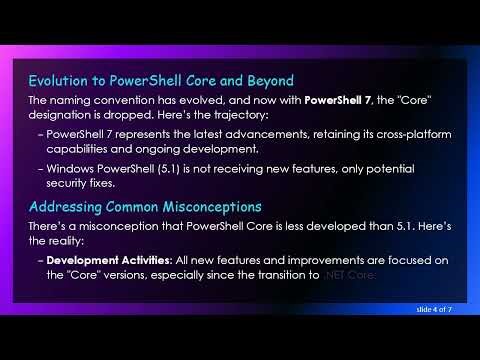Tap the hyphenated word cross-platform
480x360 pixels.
click(400, 135)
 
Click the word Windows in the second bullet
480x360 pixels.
click(73, 168)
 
